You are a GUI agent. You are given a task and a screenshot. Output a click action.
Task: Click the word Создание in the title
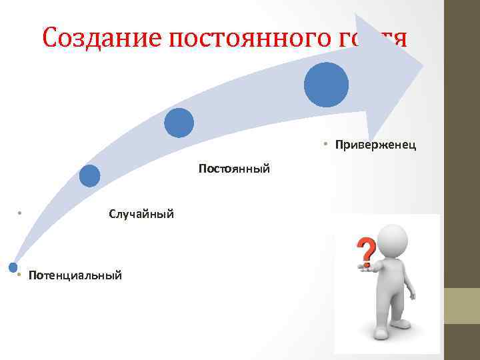click(x=101, y=38)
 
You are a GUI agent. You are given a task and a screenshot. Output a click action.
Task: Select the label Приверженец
click(x=375, y=145)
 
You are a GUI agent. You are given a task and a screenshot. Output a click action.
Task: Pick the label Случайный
click(x=141, y=214)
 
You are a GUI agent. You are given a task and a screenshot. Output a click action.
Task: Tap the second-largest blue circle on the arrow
click(x=179, y=123)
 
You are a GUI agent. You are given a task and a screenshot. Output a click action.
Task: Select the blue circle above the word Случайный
click(x=89, y=176)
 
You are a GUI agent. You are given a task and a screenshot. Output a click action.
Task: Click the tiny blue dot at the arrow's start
click(x=12, y=267)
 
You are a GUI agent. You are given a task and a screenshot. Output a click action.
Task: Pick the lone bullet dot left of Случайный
click(x=21, y=213)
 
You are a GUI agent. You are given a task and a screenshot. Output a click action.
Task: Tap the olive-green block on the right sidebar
click(x=462, y=306)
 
